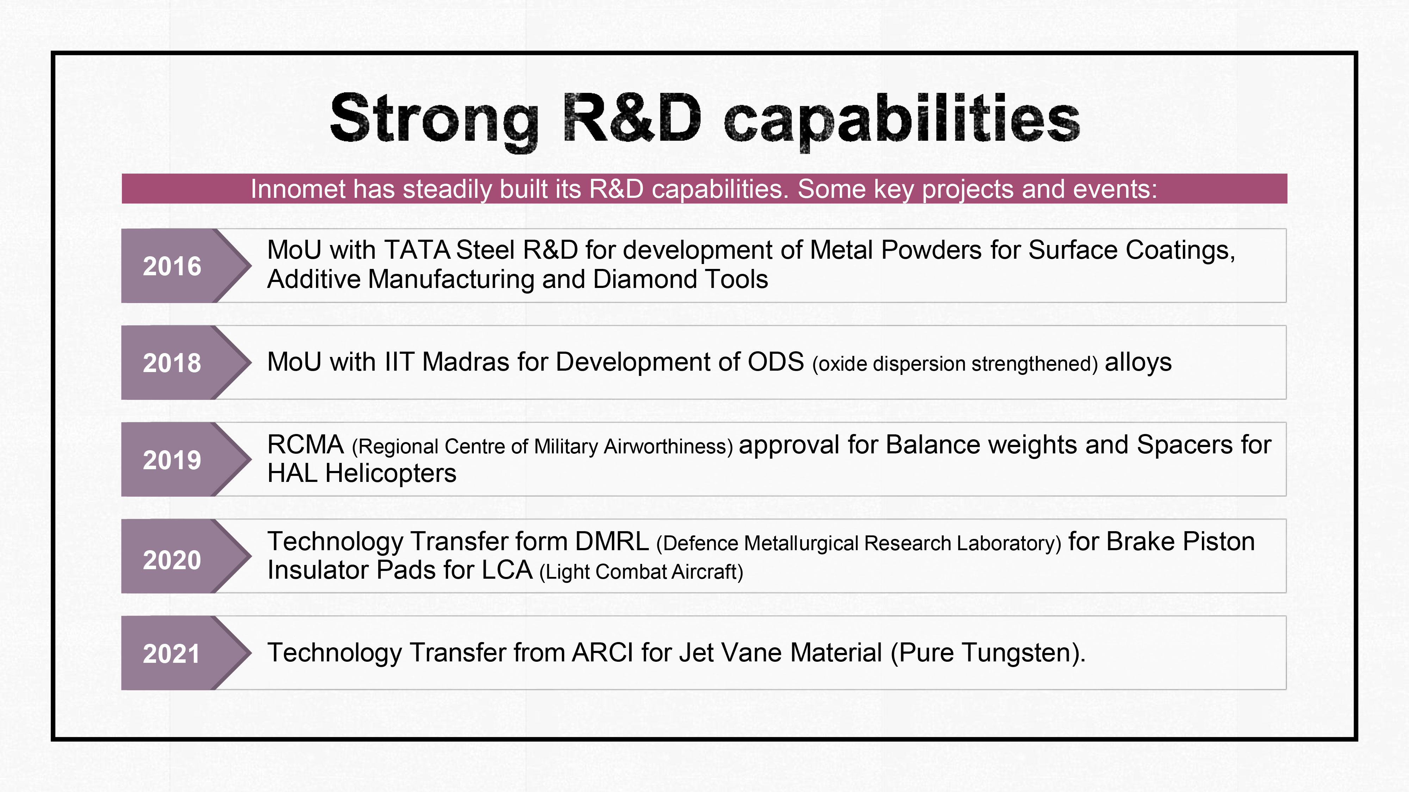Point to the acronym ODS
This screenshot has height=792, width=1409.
[x=776, y=362]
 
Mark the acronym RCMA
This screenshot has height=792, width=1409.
[x=305, y=445]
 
